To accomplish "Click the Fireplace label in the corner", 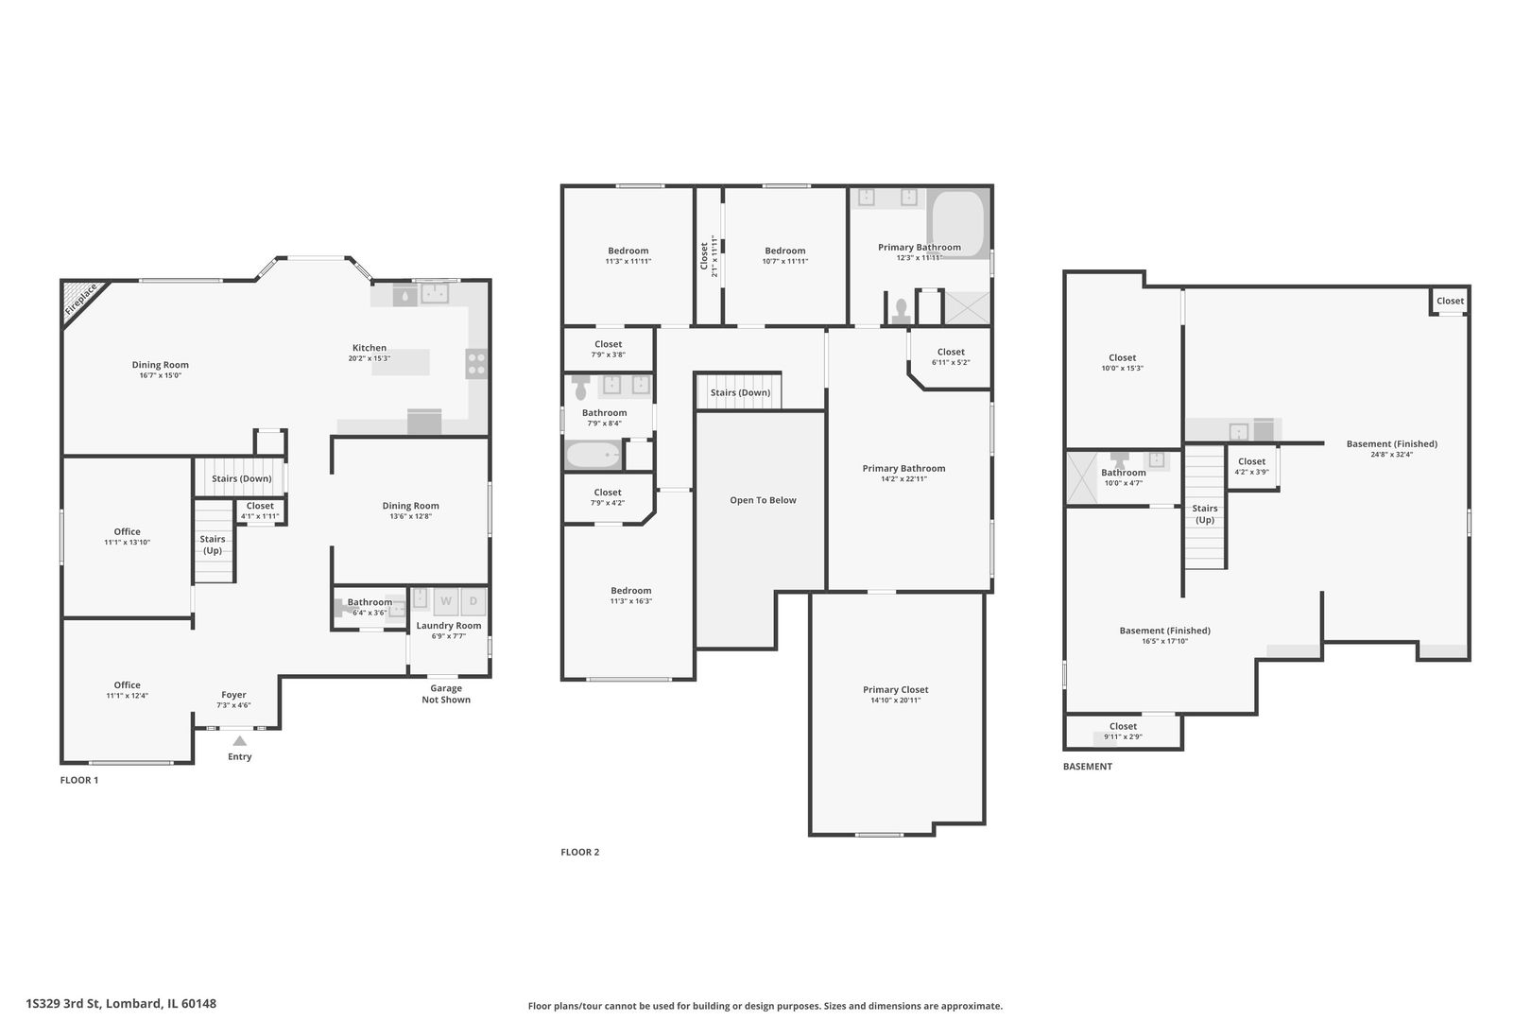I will click(x=81, y=300).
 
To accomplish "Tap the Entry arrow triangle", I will click(x=240, y=741).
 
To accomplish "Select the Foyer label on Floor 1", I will click(x=233, y=695).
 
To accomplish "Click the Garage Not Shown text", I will click(x=446, y=694).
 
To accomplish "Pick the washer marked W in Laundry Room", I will click(x=446, y=600).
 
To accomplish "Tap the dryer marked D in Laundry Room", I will click(x=474, y=600).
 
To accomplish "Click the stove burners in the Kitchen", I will click(x=476, y=363).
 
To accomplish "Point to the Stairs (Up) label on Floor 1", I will click(x=213, y=545).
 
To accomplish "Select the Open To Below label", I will click(x=763, y=500).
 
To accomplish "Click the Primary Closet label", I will click(x=895, y=690).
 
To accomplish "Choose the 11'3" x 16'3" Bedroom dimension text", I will click(x=630, y=601).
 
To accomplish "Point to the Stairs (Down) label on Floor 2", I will click(x=740, y=392).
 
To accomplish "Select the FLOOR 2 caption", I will click(x=579, y=852).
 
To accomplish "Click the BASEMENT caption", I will click(x=1087, y=767).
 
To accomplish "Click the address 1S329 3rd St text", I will click(x=121, y=1003).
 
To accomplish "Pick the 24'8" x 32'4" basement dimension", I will click(x=1391, y=454).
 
